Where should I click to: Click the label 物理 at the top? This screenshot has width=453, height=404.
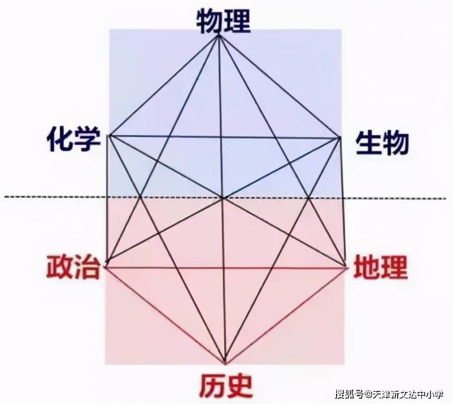click(x=223, y=21)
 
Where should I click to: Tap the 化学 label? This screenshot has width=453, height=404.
click(x=74, y=140)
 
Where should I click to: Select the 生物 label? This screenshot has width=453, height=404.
click(x=382, y=142)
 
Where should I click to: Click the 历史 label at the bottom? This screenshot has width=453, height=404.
click(x=225, y=386)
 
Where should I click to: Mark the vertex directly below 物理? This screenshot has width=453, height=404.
click(x=219, y=35)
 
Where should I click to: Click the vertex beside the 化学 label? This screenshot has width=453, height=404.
click(x=109, y=135)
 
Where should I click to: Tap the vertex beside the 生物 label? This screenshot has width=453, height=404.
click(x=340, y=138)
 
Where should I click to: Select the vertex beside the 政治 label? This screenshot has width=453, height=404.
click(x=107, y=262)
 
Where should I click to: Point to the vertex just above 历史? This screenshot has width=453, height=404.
click(x=225, y=363)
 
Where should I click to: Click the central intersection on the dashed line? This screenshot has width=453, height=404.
click(x=223, y=198)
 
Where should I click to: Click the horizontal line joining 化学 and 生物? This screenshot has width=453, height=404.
click(x=224, y=137)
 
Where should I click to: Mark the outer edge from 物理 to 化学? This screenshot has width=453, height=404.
click(x=164, y=85)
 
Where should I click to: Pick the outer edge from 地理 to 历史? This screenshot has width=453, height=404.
click(x=286, y=315)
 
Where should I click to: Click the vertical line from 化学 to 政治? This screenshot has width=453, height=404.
click(x=108, y=198)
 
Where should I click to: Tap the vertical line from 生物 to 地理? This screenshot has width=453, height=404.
click(x=343, y=203)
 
